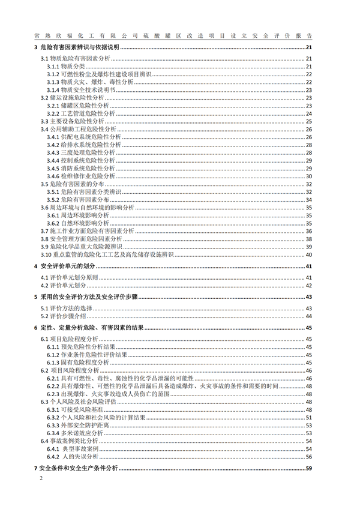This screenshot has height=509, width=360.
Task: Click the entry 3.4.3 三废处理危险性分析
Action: click(x=83, y=152)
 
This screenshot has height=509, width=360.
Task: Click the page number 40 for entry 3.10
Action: click(x=308, y=254)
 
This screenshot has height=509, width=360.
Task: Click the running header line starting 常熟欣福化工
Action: click(x=179, y=35)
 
